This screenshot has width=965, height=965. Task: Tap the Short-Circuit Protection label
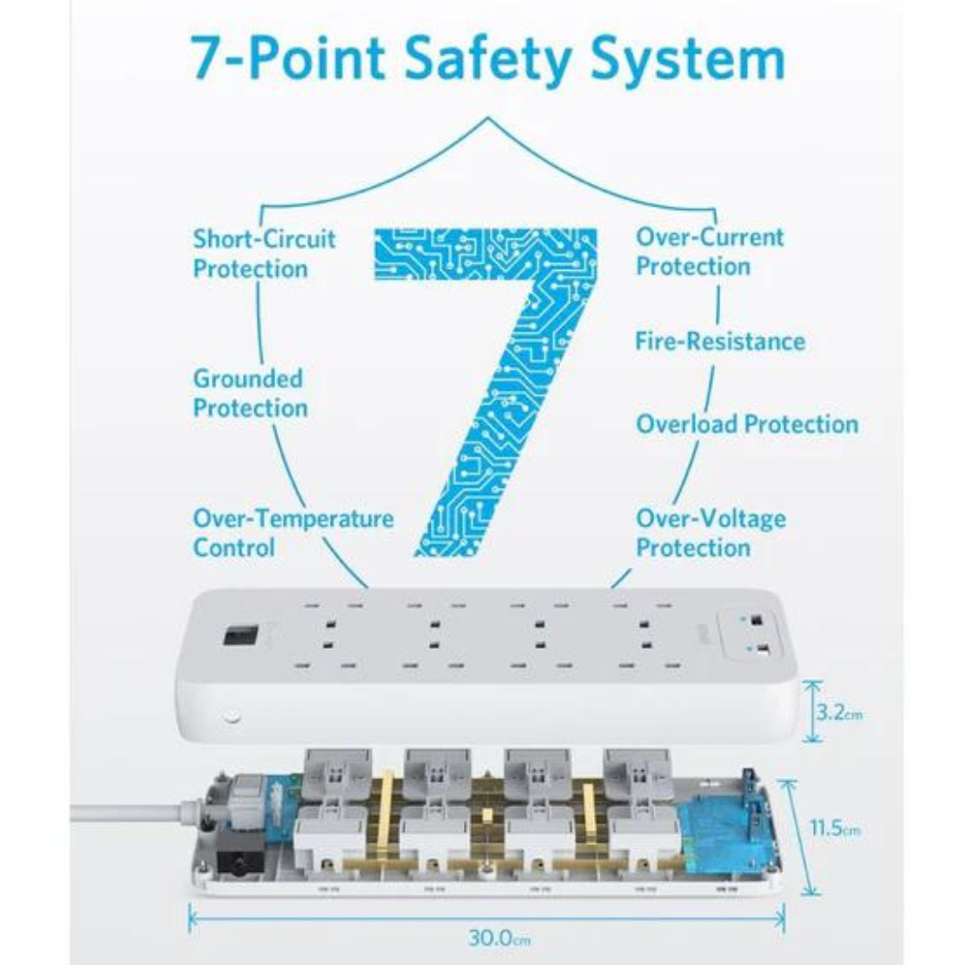coord(264,253)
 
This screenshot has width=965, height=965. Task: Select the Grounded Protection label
coord(250,393)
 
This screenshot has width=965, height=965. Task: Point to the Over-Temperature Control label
coord(293,533)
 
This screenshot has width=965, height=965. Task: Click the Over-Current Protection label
coord(709,251)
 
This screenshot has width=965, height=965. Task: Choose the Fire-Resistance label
coord(719,340)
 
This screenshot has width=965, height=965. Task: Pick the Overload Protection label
coord(747,424)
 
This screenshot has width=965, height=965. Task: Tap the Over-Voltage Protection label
coord(710,533)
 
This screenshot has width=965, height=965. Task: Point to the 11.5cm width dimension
coord(835,828)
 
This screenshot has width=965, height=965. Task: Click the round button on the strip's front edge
coord(231,717)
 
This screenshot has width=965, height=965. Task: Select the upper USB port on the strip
coord(758,619)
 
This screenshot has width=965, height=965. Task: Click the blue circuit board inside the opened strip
coord(724,831)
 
